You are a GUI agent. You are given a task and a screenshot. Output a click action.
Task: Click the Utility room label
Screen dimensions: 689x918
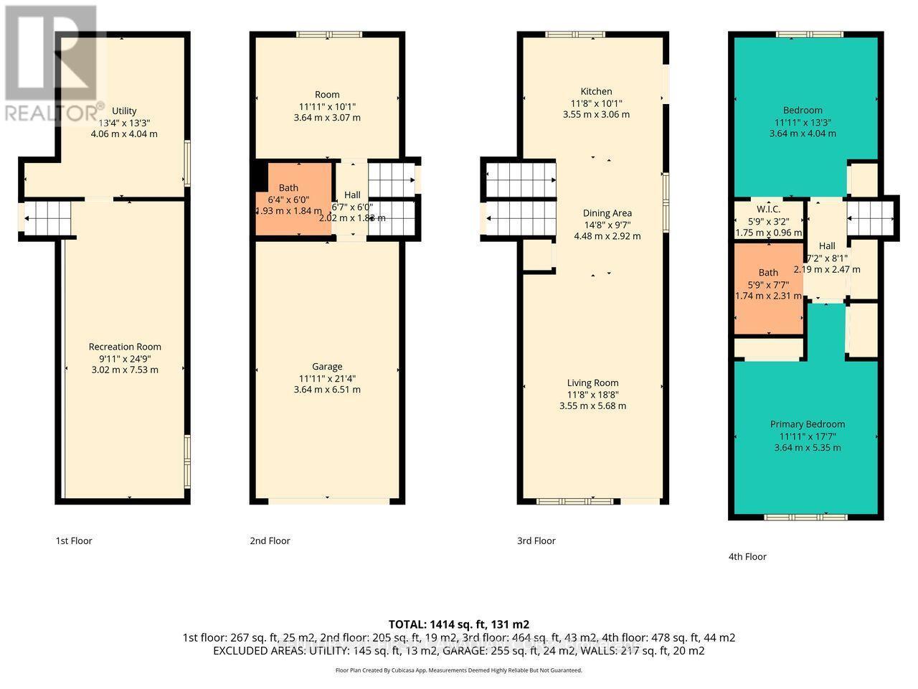pos(124,111)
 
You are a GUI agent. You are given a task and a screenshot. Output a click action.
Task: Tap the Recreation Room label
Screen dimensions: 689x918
pos(125,347)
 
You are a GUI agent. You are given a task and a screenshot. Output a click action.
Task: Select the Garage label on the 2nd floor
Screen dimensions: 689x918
pos(327,366)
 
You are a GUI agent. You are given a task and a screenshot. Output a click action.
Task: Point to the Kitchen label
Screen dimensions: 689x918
pos(596,91)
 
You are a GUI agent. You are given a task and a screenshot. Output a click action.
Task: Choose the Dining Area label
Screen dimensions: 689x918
pos(607,213)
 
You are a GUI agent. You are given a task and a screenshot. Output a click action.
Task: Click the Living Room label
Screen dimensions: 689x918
pos(592,383)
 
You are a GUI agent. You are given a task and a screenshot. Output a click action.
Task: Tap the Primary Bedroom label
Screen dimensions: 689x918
pos(808,424)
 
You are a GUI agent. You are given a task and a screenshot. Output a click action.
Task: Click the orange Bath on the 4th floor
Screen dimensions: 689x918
pos(768,273)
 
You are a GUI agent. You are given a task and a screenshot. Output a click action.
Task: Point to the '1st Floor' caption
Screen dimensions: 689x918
pos(74,541)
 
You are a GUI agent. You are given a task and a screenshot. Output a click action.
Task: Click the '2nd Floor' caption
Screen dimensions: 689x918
pos(270,541)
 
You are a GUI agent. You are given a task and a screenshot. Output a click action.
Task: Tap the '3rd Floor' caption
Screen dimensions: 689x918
pos(536,541)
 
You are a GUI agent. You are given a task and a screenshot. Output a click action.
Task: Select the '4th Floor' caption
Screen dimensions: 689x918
pos(747,556)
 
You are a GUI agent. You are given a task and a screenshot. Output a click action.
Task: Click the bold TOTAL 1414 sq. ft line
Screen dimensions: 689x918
pos(458,624)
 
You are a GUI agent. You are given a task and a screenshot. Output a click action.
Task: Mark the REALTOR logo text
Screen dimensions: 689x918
pos(54,113)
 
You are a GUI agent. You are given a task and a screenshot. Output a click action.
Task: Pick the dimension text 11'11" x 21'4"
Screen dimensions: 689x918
pos(327,378)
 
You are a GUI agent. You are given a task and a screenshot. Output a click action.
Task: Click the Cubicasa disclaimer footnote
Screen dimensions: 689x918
pos(458,670)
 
